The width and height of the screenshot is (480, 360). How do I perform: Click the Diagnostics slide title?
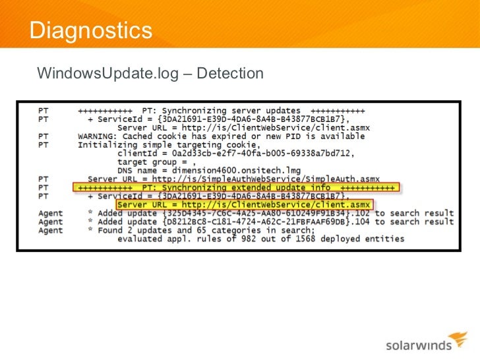tap(91, 30)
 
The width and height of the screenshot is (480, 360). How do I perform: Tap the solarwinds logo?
tap(417, 344)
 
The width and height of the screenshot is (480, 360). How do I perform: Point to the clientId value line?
tap(237, 154)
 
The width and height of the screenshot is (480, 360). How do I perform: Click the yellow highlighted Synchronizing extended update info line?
tap(235, 188)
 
